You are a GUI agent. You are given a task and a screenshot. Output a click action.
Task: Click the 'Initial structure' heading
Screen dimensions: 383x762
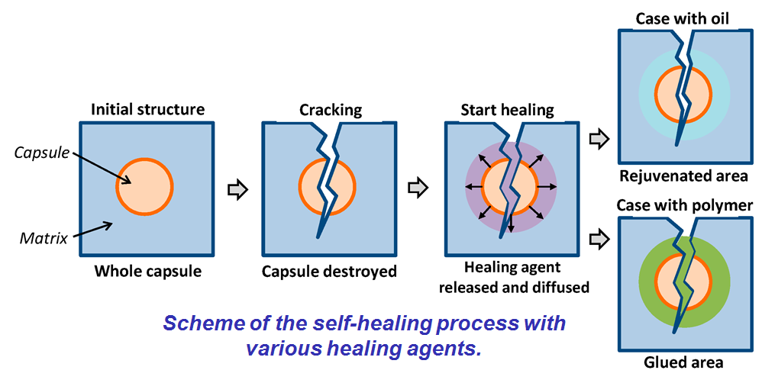147,109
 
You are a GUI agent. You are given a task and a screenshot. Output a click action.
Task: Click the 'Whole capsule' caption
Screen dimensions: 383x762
147,271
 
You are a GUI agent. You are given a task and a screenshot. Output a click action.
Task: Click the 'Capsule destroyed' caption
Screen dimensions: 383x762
329,271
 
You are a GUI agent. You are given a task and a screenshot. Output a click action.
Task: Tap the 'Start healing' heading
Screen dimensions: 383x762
507,109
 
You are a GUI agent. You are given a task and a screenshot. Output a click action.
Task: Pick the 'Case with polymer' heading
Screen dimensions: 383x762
683,206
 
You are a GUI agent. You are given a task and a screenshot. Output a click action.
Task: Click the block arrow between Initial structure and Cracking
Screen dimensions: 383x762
239,189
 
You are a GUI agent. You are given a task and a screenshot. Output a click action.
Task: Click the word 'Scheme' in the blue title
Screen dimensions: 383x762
194,323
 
